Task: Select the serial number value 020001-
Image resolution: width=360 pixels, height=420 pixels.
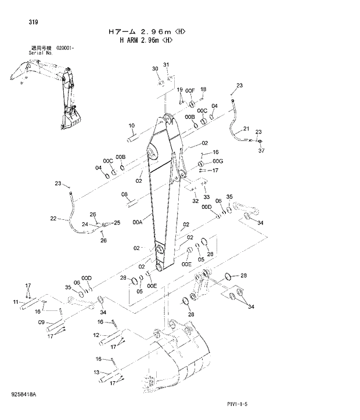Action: (x=65, y=48)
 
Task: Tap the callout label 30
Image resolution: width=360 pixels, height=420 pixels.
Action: (x=155, y=69)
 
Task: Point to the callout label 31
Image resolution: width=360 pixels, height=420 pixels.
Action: (x=165, y=64)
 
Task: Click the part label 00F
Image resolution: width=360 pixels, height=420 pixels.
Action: (x=190, y=91)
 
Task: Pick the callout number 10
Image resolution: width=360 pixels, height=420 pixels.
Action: (x=131, y=125)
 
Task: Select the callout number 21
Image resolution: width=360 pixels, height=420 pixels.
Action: (x=246, y=129)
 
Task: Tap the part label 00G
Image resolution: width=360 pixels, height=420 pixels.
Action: (x=218, y=161)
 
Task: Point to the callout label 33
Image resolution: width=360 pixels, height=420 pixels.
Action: (x=206, y=197)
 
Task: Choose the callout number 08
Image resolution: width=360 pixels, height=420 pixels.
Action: (x=124, y=195)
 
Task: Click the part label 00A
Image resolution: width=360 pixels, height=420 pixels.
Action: (x=138, y=221)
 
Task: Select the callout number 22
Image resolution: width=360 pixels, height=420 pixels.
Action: (x=53, y=219)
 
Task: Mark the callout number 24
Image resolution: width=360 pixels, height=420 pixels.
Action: (x=84, y=224)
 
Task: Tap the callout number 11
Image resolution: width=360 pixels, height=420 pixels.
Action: (x=16, y=302)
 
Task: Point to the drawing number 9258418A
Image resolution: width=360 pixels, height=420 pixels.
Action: (x=23, y=394)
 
